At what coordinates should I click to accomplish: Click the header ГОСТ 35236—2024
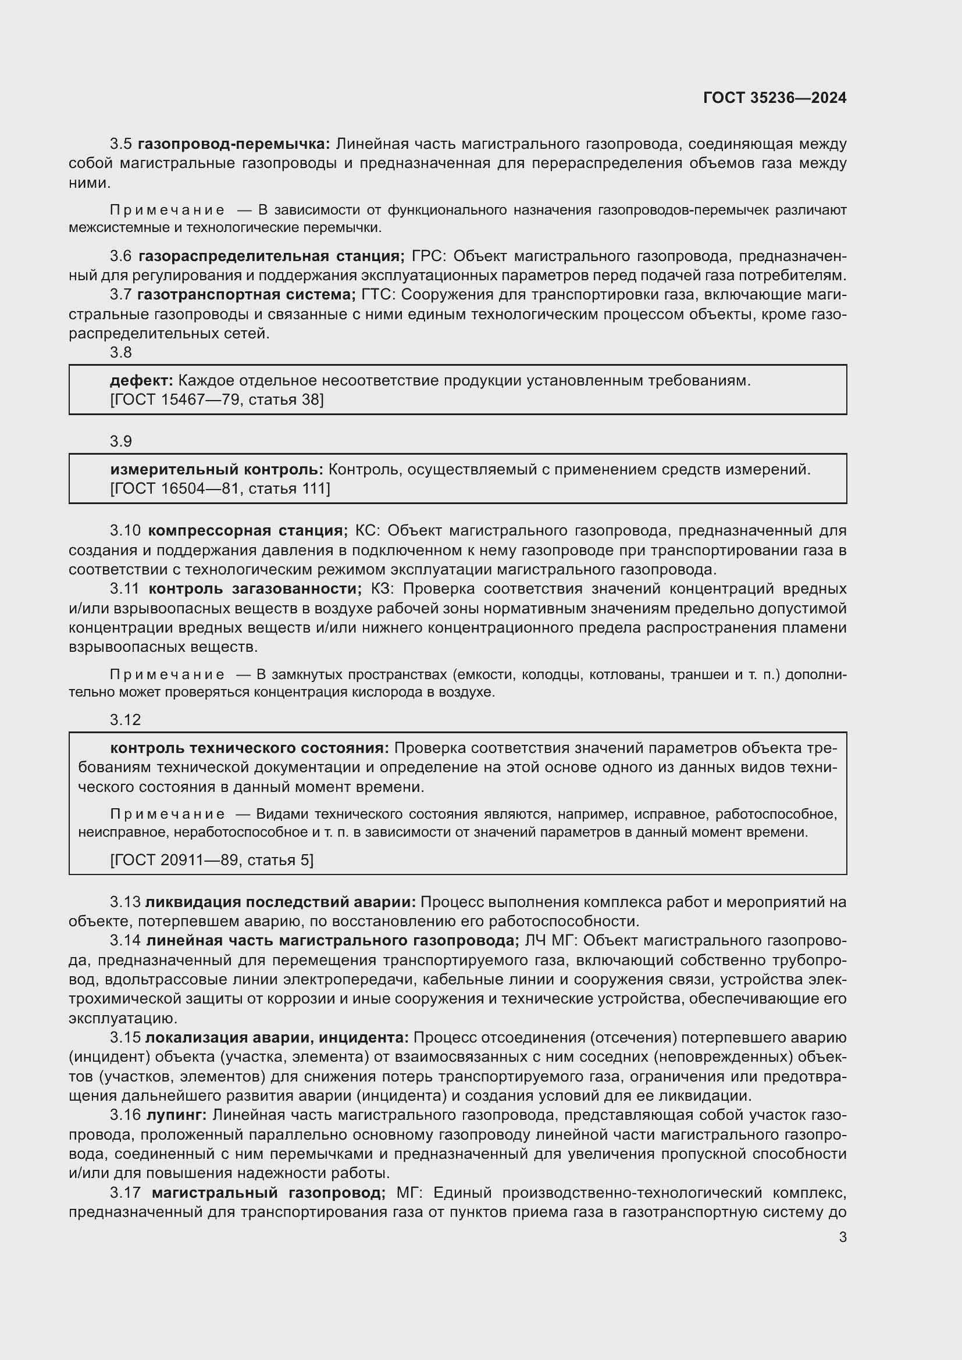point(774,98)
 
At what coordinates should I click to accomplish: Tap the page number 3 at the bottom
point(842,1238)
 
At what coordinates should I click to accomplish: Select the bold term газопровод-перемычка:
point(234,144)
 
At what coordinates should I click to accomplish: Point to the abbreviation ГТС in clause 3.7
point(375,295)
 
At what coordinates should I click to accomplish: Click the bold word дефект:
point(141,380)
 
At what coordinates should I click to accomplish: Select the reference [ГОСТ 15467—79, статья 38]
point(217,400)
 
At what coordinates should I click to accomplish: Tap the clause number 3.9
point(121,441)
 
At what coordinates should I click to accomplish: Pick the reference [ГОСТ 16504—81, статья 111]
point(220,488)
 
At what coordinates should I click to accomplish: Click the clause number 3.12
point(125,720)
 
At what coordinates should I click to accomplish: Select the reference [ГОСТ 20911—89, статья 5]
point(212,859)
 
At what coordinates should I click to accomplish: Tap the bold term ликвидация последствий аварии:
point(280,902)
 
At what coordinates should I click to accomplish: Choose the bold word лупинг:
point(176,1115)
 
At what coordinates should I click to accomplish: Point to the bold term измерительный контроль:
point(217,470)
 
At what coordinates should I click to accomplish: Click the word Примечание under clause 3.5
point(167,210)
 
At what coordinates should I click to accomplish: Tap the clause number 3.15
point(125,1038)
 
